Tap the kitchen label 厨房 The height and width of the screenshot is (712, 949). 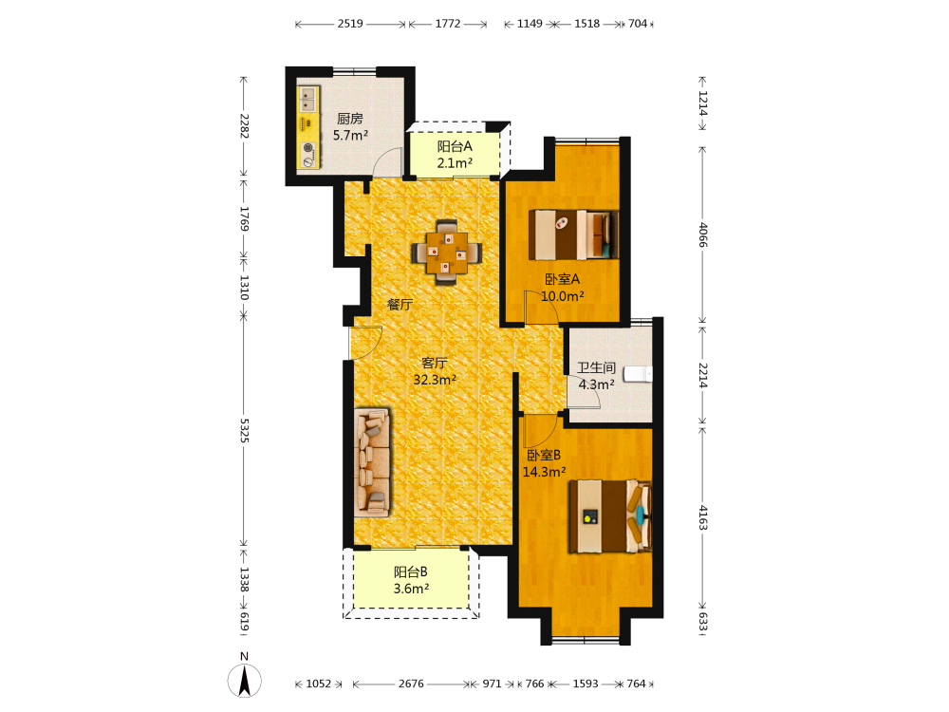coord(350,119)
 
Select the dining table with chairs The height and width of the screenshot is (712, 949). coord(447,252)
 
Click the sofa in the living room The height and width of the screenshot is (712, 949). coord(372,461)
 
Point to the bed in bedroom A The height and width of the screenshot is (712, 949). coord(573,234)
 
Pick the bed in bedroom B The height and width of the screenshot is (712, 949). coord(610,516)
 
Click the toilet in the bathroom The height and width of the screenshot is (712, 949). coord(638,373)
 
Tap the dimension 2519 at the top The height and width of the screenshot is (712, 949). coord(350,24)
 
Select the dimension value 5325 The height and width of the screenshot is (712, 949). coord(245,430)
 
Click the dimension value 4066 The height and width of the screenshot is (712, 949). coord(702,234)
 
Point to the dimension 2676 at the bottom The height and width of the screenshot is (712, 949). coord(411,684)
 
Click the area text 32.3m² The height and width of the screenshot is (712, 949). coord(435,380)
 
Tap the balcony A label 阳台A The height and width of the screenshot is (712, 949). coord(455,146)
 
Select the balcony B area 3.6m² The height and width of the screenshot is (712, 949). coord(411,589)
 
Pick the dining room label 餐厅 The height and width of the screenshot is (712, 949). coord(400,305)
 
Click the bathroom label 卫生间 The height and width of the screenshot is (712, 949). coord(596,367)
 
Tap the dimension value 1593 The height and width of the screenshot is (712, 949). coord(586,684)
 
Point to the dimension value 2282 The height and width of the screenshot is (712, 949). coord(245,126)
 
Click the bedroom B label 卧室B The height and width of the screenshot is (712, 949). coord(544,456)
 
